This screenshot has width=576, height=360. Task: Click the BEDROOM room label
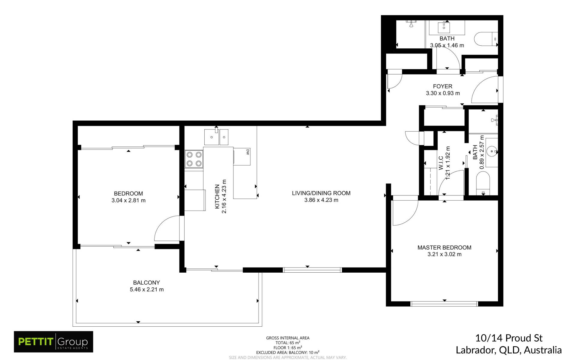pyautogui.click(x=128, y=194)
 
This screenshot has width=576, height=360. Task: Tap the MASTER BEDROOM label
pyautogui.click(x=444, y=247)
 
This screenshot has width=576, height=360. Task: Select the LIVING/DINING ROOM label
pyautogui.click(x=321, y=193)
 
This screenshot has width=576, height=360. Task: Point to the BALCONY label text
pyautogui.click(x=146, y=283)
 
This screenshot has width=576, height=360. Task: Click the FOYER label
pyautogui.click(x=442, y=86)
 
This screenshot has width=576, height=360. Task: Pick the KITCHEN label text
pyautogui.click(x=217, y=197)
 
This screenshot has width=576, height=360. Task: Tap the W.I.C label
pyautogui.click(x=441, y=163)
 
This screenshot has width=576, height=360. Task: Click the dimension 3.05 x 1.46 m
pyautogui.click(x=447, y=45)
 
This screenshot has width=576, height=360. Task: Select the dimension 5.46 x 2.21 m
pyautogui.click(x=147, y=289)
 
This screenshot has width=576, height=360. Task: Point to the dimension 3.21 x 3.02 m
pyautogui.click(x=444, y=254)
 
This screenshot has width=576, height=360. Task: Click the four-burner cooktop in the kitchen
pyautogui.click(x=194, y=159)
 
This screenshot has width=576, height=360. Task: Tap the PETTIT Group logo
pyautogui.click(x=53, y=342)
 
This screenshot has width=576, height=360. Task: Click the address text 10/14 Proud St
pyautogui.click(x=509, y=338)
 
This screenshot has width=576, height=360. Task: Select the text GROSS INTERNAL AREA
pyautogui.click(x=288, y=338)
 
